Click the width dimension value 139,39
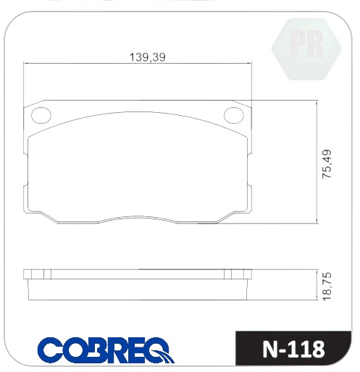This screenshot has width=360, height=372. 148,57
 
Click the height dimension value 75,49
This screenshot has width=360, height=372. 327,164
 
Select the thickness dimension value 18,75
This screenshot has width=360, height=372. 327,287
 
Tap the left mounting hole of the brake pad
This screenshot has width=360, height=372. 41,115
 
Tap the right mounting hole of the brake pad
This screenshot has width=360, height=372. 234,115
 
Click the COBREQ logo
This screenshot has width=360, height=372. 106,350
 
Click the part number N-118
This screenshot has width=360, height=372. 293,350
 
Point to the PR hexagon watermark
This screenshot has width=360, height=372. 306,49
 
